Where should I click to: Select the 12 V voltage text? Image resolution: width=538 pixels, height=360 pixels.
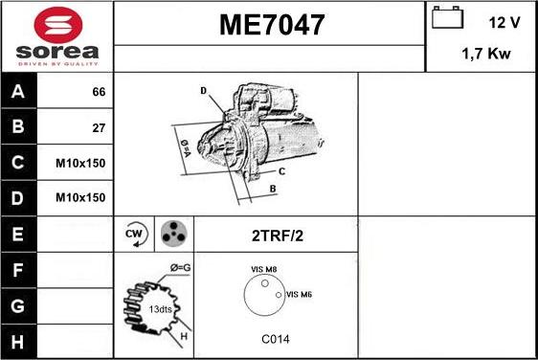(x=504, y=21)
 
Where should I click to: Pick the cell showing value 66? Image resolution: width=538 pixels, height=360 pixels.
(x=98, y=92)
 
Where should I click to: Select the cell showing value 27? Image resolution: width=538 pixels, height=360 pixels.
(x=98, y=127)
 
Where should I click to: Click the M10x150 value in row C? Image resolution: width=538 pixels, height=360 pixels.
(x=81, y=163)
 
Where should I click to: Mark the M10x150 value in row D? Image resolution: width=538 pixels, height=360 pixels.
(x=81, y=197)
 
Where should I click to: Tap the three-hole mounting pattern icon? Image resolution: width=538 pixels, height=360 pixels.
(x=172, y=233)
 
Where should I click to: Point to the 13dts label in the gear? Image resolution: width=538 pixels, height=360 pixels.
(x=161, y=308)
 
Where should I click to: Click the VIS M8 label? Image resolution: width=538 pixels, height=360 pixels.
(x=263, y=271)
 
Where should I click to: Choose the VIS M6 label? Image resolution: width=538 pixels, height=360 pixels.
(x=299, y=294)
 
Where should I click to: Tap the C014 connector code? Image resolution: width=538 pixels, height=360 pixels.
(x=276, y=339)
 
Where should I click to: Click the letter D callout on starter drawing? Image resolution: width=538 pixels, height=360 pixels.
(x=203, y=91)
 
